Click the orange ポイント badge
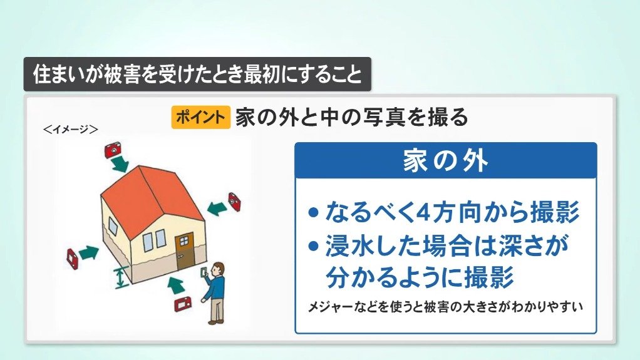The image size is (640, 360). (x=201, y=117)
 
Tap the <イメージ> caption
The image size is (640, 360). (x=70, y=130)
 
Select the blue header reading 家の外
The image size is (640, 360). (x=446, y=160)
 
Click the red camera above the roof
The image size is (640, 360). (x=113, y=150)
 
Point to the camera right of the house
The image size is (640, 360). (x=234, y=202)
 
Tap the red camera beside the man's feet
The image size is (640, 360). (x=183, y=304)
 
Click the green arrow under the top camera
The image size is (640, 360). (x=120, y=163)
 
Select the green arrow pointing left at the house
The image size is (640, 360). (x=217, y=208)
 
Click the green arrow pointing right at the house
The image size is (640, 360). (x=89, y=253)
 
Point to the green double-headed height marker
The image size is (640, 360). (x=120, y=278)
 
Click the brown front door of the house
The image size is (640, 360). (x=185, y=251)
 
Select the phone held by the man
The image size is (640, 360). (x=204, y=272)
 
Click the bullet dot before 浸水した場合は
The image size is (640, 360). (x=314, y=246)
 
